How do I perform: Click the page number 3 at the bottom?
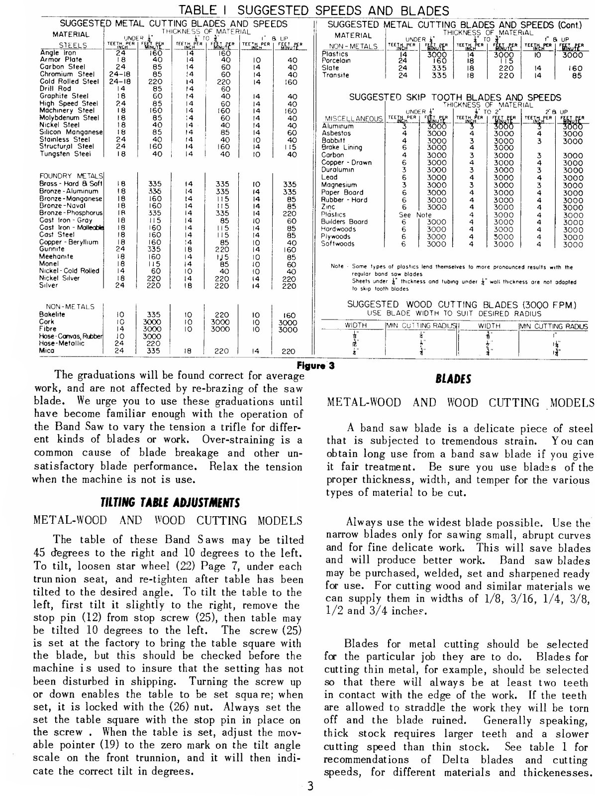(x=310, y=787)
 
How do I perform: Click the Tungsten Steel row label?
(x=65, y=154)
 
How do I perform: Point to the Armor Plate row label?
(x=61, y=59)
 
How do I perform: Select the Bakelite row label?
(x=52, y=315)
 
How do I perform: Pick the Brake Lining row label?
(x=342, y=147)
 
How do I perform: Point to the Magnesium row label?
(x=340, y=185)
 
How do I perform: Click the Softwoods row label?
(x=338, y=244)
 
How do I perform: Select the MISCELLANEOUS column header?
(x=352, y=119)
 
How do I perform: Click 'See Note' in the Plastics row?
(x=416, y=215)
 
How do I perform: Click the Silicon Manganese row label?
(x=71, y=132)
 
